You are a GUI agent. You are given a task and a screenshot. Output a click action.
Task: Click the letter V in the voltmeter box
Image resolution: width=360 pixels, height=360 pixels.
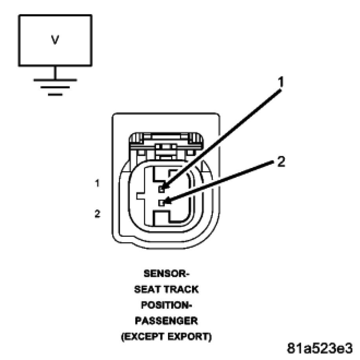click(55, 40)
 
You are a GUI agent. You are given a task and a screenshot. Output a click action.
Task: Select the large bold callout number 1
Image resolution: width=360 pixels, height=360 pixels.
click(281, 82)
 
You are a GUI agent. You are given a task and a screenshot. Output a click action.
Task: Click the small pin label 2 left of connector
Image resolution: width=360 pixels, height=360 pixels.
click(97, 214)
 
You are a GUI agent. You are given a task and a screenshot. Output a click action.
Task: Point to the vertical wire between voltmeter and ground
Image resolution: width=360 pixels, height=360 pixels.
click(55, 72)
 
